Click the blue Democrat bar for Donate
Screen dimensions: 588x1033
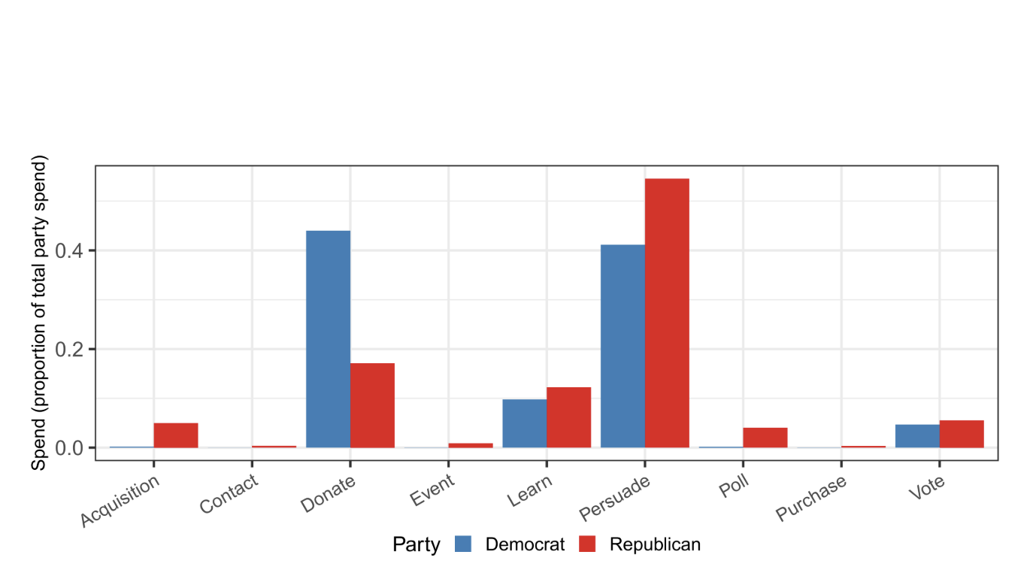click(x=328, y=339)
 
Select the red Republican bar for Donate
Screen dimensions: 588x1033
click(x=372, y=405)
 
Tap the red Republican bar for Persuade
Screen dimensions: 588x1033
click(x=667, y=313)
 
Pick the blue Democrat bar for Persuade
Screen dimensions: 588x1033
click(x=623, y=346)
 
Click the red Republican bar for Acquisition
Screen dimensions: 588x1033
click(x=176, y=435)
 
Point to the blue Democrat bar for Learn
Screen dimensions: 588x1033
click(x=524, y=423)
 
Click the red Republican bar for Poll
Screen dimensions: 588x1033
click(x=765, y=438)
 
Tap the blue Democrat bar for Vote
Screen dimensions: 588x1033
click(x=917, y=436)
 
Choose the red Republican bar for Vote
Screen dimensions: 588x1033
click(x=962, y=434)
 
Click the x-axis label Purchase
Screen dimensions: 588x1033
click(x=811, y=498)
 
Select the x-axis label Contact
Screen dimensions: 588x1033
click(x=229, y=495)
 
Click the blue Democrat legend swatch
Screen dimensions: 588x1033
click(x=463, y=544)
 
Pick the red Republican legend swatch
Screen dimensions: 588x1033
click(x=587, y=544)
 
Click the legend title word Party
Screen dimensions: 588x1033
click(x=416, y=544)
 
